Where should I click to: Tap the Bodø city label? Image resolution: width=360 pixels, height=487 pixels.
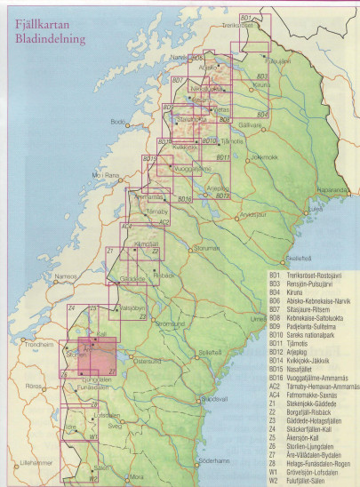click(x=117, y=121)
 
